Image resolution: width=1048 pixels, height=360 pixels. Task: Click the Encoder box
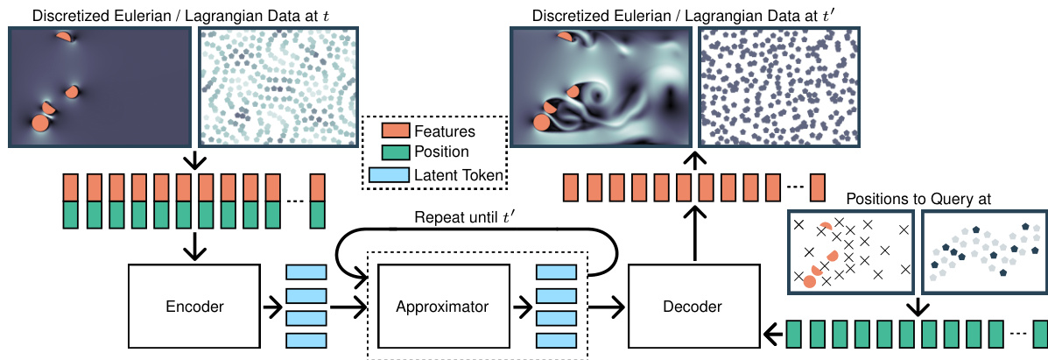[194, 307]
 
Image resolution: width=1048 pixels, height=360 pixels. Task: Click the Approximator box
[441, 307]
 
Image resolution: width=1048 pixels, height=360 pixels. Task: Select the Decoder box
[693, 307]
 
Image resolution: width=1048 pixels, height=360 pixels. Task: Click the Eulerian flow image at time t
[99, 88]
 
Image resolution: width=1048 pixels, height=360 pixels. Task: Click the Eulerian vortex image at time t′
[601, 88]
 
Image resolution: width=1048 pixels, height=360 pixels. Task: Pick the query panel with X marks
[849, 251]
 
